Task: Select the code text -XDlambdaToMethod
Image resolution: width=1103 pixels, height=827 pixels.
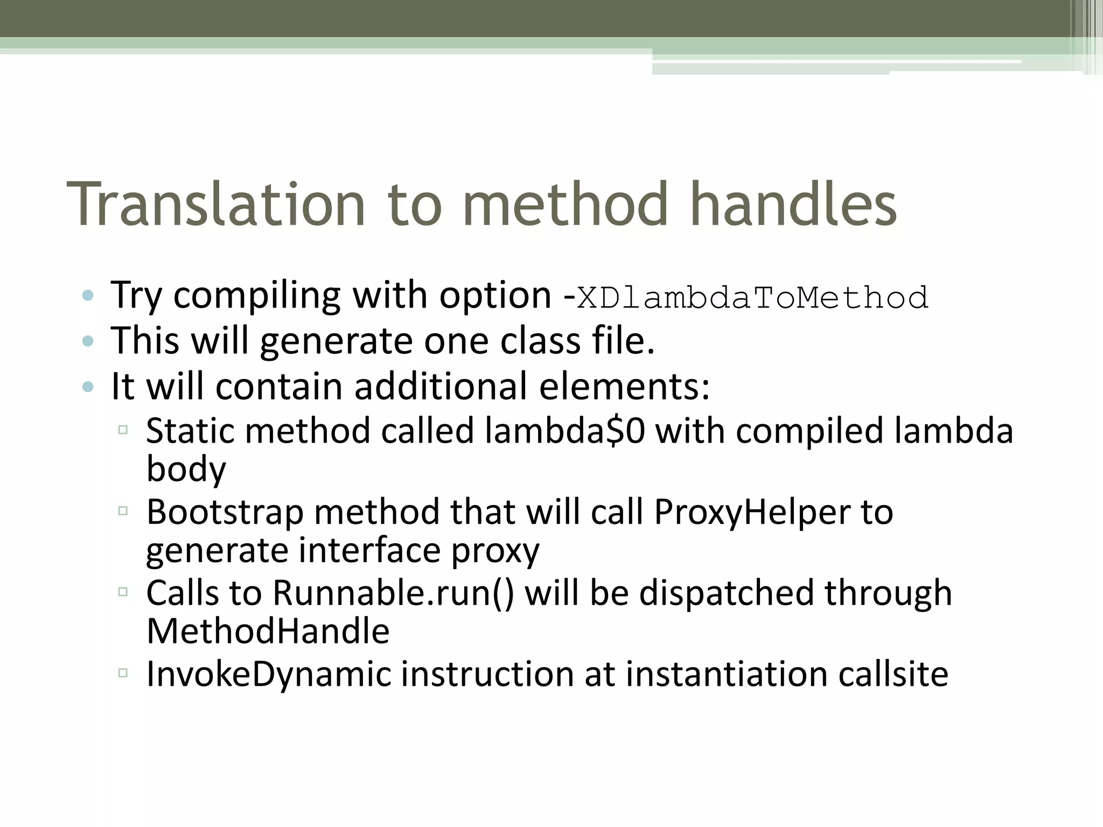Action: pos(746,297)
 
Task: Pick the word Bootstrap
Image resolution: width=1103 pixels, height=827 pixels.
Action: pos(225,512)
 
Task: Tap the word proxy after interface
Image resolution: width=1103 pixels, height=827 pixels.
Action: pos(495,551)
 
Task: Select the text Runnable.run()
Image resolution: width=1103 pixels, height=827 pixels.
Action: pos(393,593)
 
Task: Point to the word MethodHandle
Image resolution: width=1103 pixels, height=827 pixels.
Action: pos(268,631)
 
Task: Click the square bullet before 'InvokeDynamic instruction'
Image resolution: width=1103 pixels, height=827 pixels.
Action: pos(123,672)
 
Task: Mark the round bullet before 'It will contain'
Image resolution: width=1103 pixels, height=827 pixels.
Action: pos(88,387)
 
